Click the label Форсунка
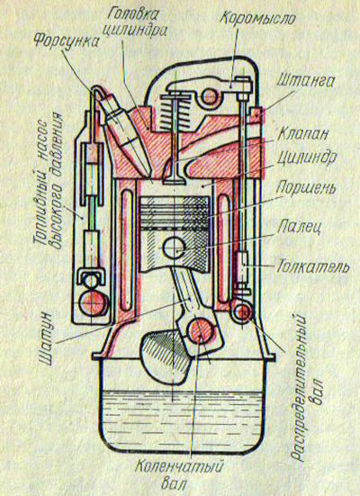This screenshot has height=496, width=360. (66, 40)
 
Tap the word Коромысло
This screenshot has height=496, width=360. (257, 18)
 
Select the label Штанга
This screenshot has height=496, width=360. (305, 82)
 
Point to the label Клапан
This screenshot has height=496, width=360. (302, 134)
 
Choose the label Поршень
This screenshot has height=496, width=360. (306, 188)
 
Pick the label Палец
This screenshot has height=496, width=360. (299, 227)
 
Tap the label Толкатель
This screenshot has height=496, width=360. (313, 266)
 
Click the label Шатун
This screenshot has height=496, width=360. (48, 338)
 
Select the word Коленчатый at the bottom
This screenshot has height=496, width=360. (180, 467)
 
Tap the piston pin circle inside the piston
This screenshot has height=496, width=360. (175, 247)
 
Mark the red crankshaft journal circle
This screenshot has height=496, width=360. (200, 330)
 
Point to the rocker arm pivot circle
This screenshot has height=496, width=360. (209, 96)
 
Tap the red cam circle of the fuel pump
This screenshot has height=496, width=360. (92, 302)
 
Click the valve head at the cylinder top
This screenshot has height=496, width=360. (174, 182)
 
